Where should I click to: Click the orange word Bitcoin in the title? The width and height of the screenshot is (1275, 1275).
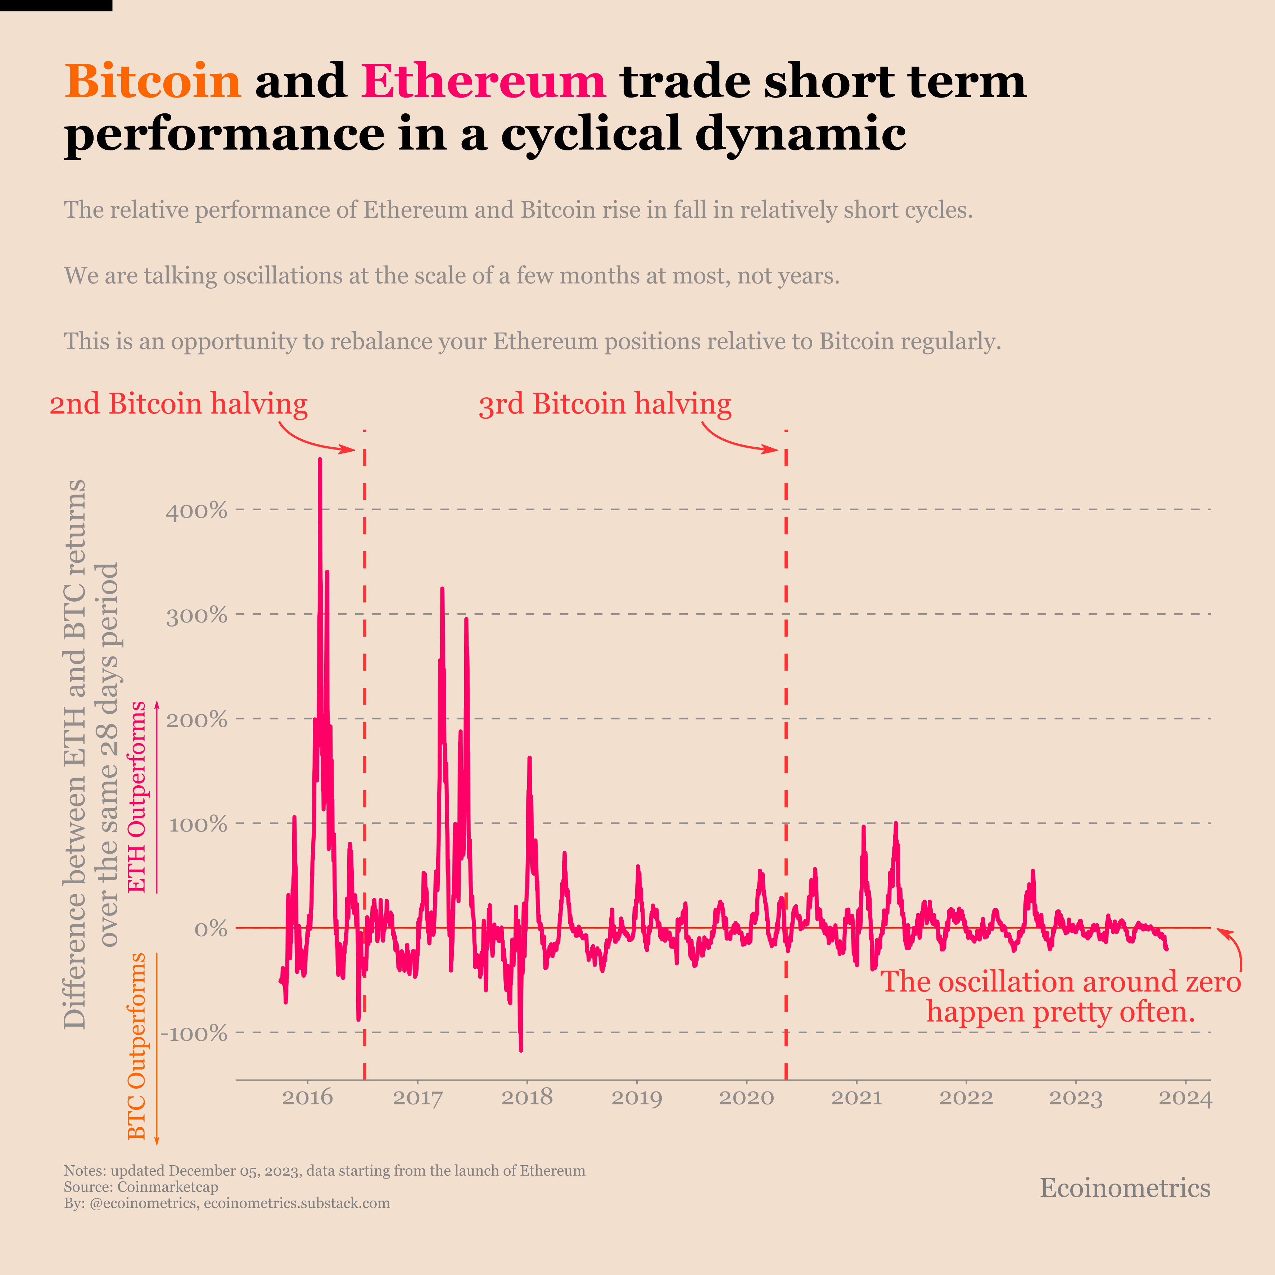(153, 81)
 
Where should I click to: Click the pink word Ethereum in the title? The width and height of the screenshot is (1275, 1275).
(483, 81)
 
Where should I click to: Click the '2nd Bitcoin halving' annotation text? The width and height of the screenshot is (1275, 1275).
(178, 404)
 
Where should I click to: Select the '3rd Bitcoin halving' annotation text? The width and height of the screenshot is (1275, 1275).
(605, 404)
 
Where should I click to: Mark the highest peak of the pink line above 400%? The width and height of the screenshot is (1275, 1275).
(320, 460)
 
